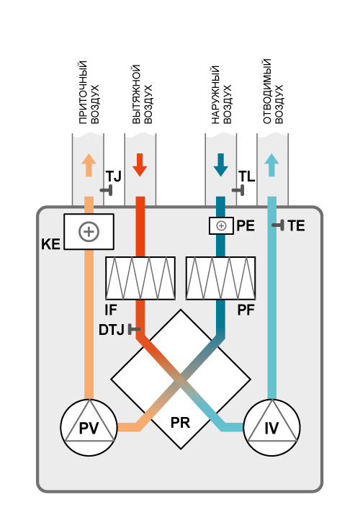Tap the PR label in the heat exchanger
point(180,423)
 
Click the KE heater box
point(89,231)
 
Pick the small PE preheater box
point(221,226)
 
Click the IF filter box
point(140,278)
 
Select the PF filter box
point(220,278)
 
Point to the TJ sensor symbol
point(107,190)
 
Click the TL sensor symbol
point(238,190)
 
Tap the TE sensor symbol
point(278,225)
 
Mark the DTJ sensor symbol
point(134,329)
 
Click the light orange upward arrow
point(89,165)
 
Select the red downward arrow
point(140,165)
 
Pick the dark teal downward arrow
point(220,165)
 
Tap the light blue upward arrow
point(272,165)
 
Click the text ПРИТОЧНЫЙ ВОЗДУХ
point(89,92)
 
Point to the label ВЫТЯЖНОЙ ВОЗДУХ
point(143,94)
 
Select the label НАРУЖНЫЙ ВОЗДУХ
point(222,95)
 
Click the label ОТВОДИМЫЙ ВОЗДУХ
point(273,91)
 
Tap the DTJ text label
point(112,330)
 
